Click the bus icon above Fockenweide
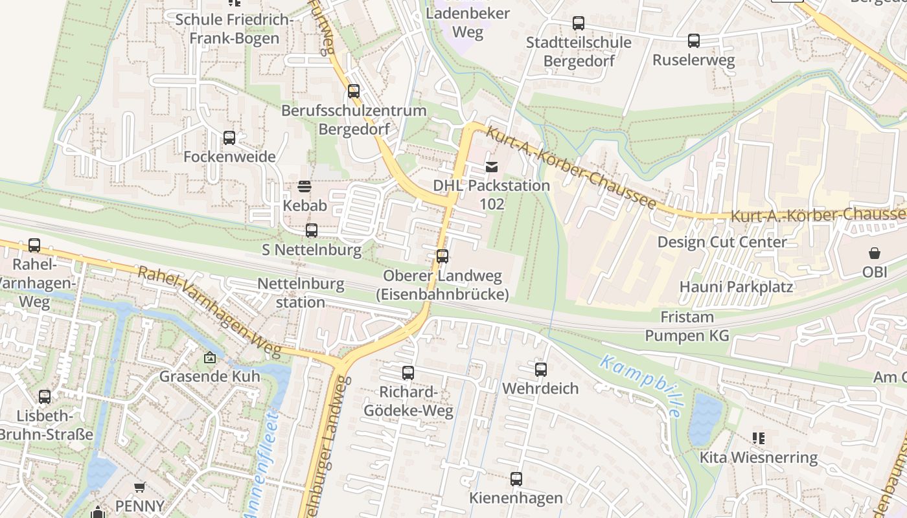click(229, 138)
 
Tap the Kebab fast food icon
click(304, 187)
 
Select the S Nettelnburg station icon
click(312, 231)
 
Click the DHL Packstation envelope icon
click(492, 167)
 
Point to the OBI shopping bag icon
click(875, 253)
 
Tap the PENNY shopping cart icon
click(139, 487)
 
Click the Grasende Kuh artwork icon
click(210, 357)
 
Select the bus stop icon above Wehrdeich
click(541, 370)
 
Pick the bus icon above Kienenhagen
click(516, 480)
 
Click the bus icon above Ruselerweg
click(694, 41)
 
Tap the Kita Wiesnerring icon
click(758, 438)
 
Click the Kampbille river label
click(641, 386)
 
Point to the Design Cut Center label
click(722, 242)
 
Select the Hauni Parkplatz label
click(736, 286)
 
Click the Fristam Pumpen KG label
click(687, 326)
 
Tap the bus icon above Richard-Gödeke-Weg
click(408, 373)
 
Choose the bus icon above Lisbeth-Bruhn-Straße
click(45, 397)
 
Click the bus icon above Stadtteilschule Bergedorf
click(579, 24)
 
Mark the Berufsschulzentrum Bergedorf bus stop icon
click(354, 91)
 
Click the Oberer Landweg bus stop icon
click(442, 256)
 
